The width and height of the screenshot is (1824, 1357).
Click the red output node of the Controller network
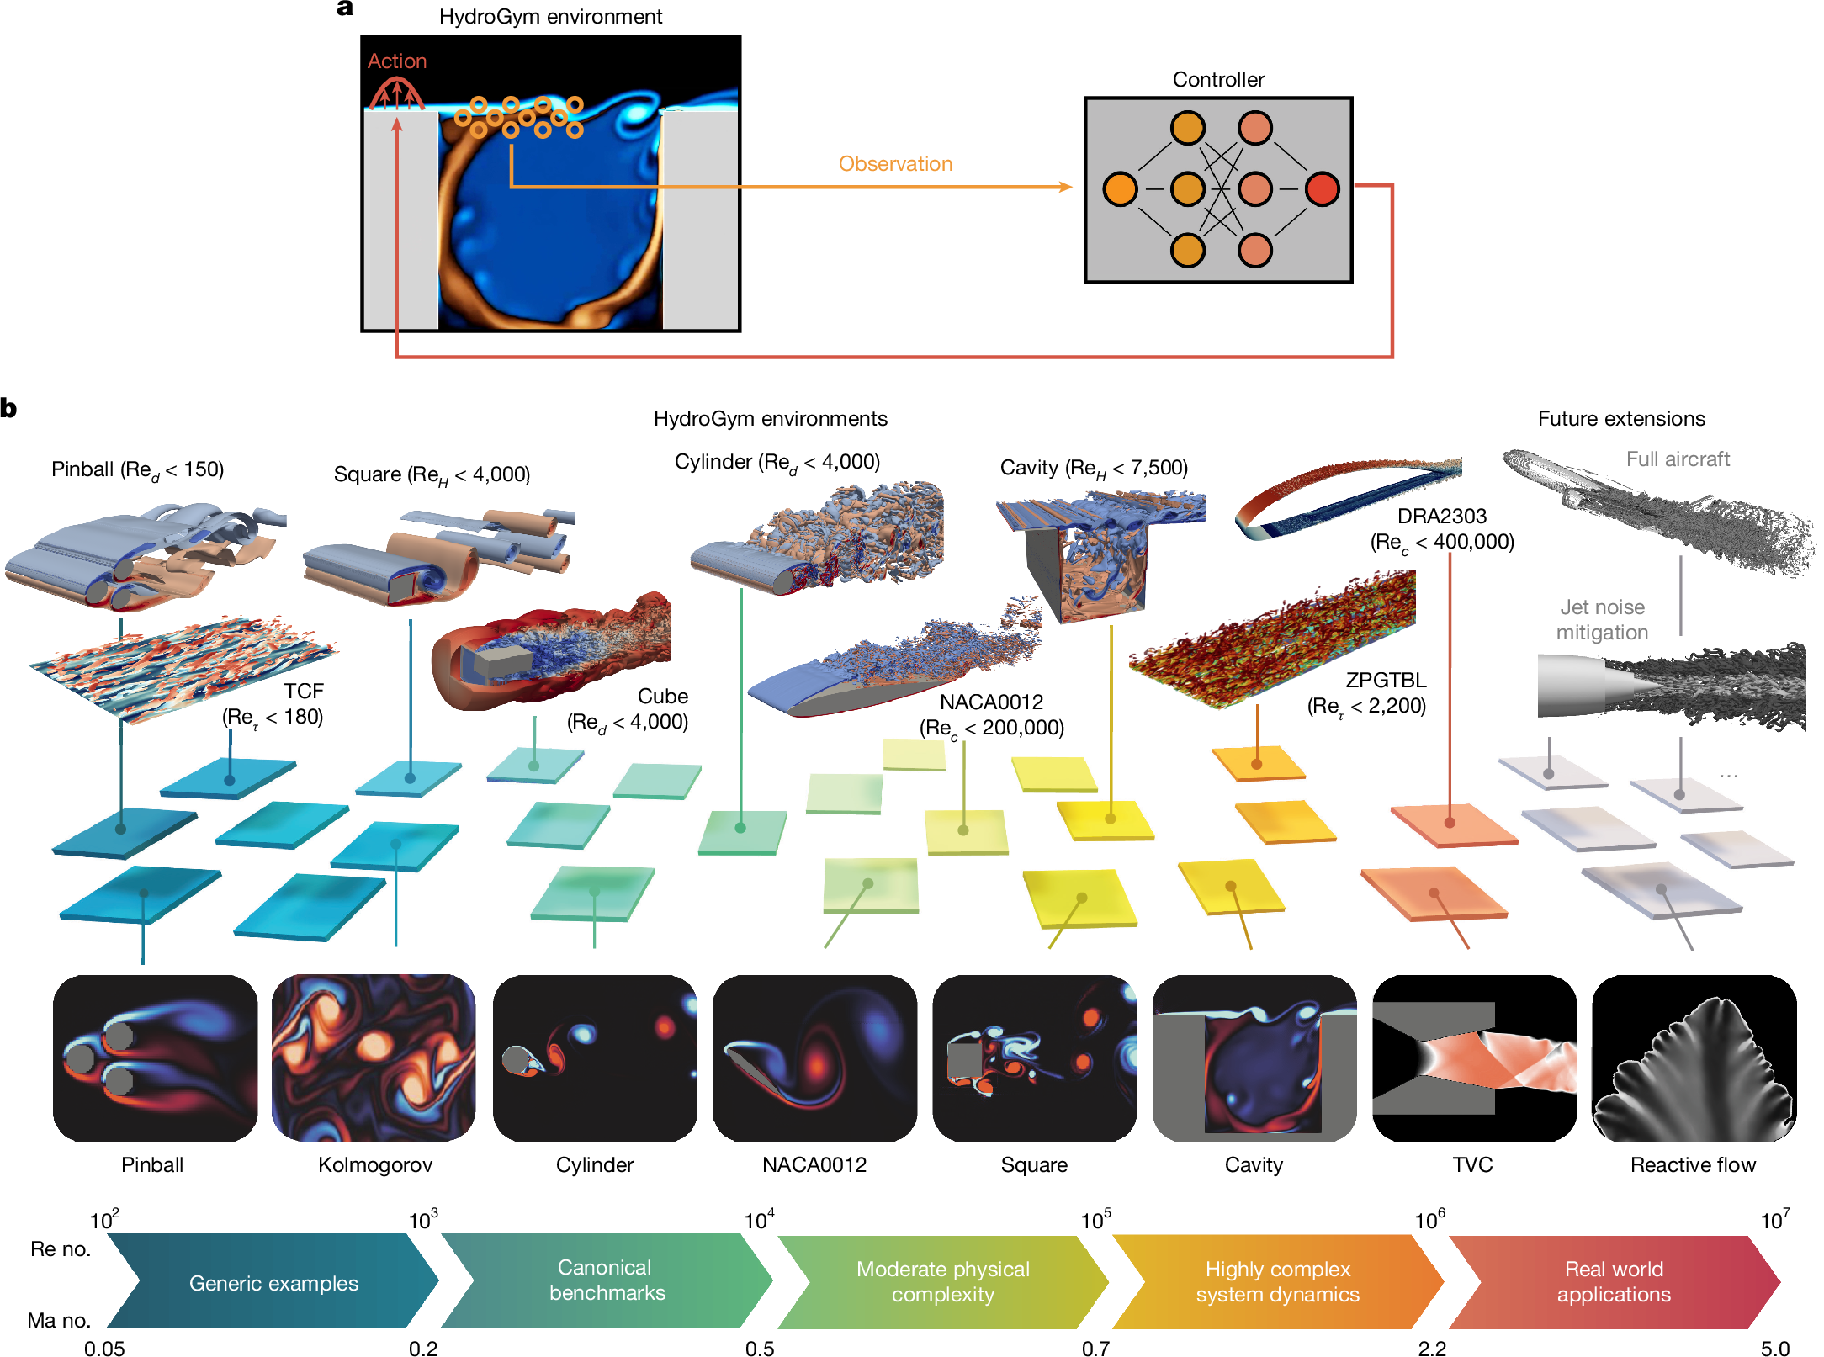pyautogui.click(x=1322, y=189)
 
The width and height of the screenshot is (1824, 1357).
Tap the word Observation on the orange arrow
pyautogui.click(x=895, y=164)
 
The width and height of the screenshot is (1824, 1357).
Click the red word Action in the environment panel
pyautogui.click(x=397, y=61)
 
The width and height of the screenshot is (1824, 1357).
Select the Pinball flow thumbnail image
pyautogui.click(x=155, y=1058)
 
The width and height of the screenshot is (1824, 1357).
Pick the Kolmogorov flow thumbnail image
pyautogui.click(x=374, y=1058)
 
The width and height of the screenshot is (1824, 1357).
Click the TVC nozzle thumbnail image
pyautogui.click(x=1474, y=1058)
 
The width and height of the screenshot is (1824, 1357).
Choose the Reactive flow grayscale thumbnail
pyautogui.click(x=1694, y=1058)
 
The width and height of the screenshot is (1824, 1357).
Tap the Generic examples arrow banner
pyautogui.click(x=273, y=1281)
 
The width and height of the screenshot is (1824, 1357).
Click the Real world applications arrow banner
pyautogui.click(x=1614, y=1281)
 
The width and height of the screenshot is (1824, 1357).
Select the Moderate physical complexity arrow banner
pyautogui.click(x=942, y=1281)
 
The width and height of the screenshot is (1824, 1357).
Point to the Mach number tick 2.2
pyautogui.click(x=1432, y=1348)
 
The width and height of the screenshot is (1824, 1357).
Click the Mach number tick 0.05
pyautogui.click(x=104, y=1348)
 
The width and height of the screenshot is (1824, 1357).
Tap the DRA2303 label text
pyautogui.click(x=1442, y=516)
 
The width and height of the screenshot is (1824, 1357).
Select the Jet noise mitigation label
pyautogui.click(x=1602, y=619)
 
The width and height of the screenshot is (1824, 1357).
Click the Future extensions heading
pyautogui.click(x=1621, y=419)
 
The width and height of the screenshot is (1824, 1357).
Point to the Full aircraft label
pyautogui.click(x=1678, y=459)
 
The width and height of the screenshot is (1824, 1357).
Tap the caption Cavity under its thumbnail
pyautogui.click(x=1254, y=1165)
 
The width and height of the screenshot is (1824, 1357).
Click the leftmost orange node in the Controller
pyautogui.click(x=1120, y=189)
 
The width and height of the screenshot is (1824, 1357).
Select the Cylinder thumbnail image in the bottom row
pyautogui.click(x=595, y=1058)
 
